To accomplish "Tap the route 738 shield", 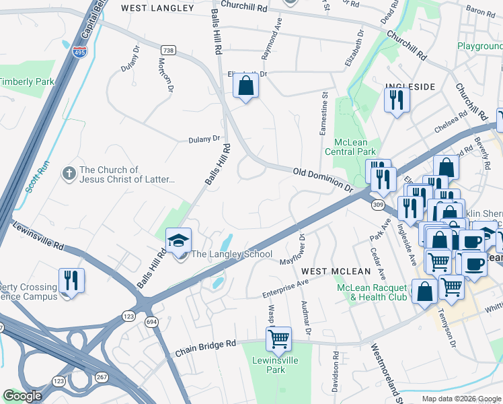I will click(x=168, y=49).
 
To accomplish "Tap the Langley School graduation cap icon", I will click(x=179, y=240).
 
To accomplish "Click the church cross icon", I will click(x=69, y=174).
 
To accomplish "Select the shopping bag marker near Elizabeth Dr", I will click(x=246, y=86).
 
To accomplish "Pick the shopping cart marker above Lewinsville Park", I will click(x=278, y=338).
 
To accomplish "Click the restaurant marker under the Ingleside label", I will click(x=397, y=100).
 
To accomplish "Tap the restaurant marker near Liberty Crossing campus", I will click(x=71, y=281).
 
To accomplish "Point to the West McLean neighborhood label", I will click(x=336, y=271).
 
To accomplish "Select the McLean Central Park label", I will click(x=355, y=146).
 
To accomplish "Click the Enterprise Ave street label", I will click(x=285, y=290).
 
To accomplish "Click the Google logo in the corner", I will click(x=23, y=396).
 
